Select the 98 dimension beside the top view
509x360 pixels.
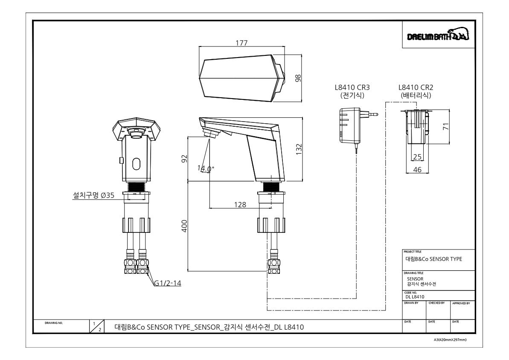point(298,78)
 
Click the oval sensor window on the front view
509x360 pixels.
point(137,164)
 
